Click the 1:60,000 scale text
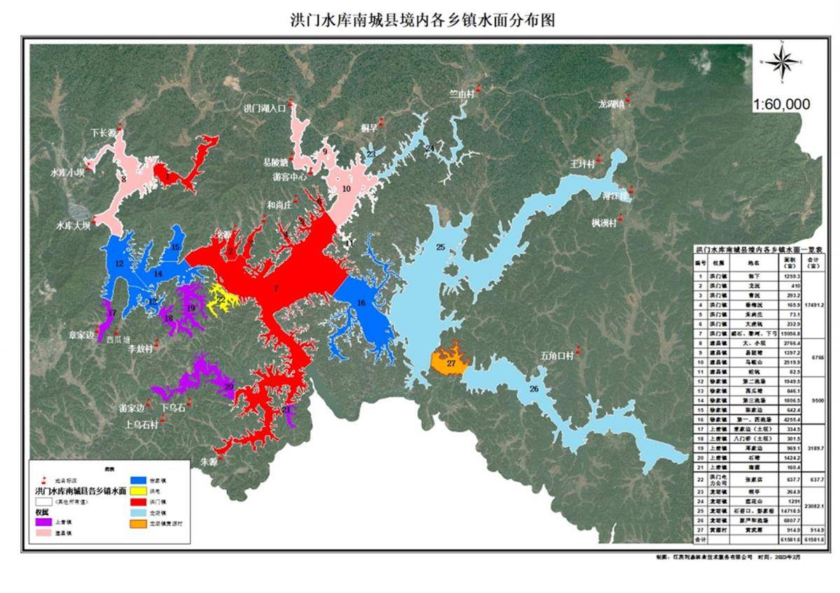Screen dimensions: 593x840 coord(781,105)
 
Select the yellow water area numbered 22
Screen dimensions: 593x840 coord(221,298)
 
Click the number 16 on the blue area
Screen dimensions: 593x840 coord(361,302)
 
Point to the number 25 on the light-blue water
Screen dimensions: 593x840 coord(441,246)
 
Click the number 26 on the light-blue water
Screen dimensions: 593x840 coord(533,389)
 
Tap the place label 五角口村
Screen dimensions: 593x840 coord(557,355)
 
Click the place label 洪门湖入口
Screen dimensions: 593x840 coord(265,109)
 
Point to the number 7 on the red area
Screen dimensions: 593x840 coord(276,288)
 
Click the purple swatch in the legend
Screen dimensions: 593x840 coord(44,521)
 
